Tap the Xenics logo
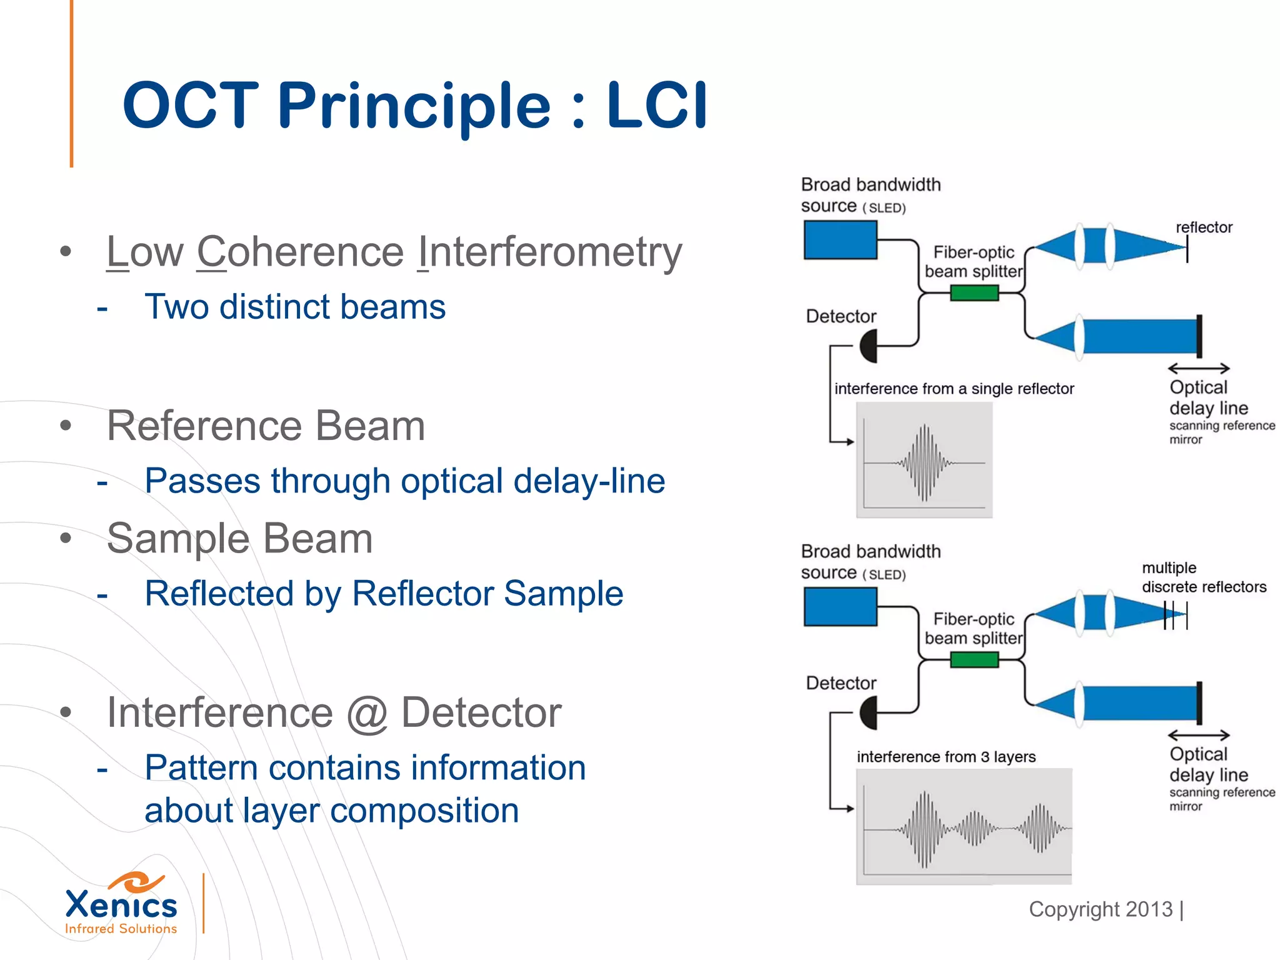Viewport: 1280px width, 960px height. tap(121, 904)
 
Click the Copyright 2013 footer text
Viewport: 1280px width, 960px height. tap(1101, 909)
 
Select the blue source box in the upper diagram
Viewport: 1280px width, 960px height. tap(840, 241)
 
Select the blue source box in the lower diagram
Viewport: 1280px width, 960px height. tap(840, 607)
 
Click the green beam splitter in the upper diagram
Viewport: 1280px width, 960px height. tap(974, 292)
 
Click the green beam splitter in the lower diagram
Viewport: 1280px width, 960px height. tap(974, 659)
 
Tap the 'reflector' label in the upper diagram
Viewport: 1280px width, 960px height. tap(1204, 227)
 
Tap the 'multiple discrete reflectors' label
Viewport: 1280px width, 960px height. tap(1203, 577)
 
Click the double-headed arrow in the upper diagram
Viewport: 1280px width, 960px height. tap(1198, 369)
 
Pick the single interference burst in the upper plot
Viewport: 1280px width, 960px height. tap(924, 463)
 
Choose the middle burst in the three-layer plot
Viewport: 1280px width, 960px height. tap(973, 829)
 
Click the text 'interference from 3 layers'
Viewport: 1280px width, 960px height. tap(946, 757)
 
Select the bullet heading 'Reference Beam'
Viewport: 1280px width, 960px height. tap(266, 426)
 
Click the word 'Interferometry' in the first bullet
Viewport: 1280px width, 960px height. tap(549, 252)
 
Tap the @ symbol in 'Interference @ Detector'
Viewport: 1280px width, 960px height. tap(367, 713)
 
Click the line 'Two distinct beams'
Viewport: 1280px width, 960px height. tap(295, 307)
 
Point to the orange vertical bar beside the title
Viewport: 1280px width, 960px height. tap(72, 84)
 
